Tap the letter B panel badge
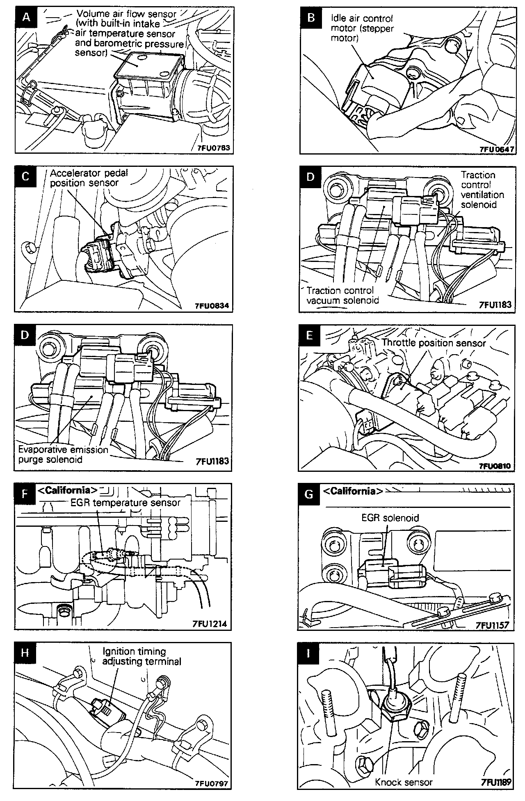click(311, 18)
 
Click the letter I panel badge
click(309, 652)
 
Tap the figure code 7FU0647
click(496, 149)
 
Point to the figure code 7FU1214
click(209, 624)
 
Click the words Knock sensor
click(404, 782)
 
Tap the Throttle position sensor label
click(434, 343)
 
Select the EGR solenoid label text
click(390, 518)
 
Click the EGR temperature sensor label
click(126, 503)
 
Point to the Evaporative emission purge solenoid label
click(63, 454)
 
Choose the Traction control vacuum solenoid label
click(342, 295)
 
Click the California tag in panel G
click(353, 491)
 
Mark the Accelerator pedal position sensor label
click(89, 178)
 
